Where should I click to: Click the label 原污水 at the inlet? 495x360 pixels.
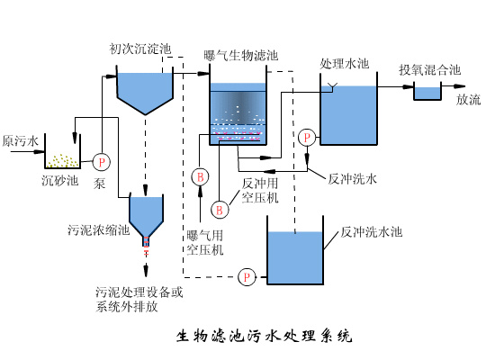click(20, 142)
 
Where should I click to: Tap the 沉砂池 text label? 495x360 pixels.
click(59, 181)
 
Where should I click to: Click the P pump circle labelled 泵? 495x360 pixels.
click(102, 162)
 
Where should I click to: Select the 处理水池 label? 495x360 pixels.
click(346, 64)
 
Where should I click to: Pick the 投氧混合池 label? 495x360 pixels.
click(430, 69)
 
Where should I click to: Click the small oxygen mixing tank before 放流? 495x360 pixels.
click(427, 91)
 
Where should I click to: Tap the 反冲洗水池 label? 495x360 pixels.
click(371, 231)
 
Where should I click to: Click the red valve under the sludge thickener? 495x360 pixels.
click(147, 241)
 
